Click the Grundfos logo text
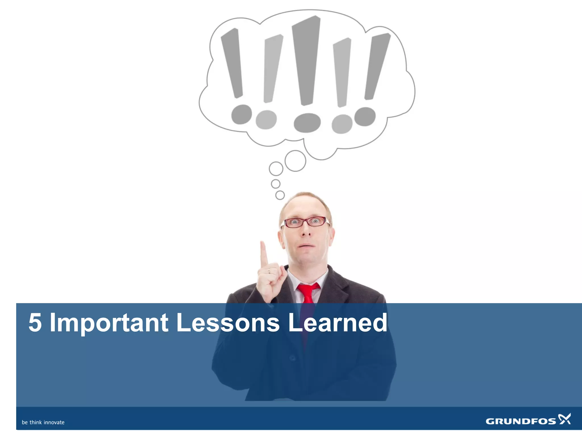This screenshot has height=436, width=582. point(521,421)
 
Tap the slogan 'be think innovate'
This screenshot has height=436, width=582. point(43,422)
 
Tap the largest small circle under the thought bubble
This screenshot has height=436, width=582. point(295,161)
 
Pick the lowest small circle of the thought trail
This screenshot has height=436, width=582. point(280,195)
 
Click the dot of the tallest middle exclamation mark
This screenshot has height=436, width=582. point(307,123)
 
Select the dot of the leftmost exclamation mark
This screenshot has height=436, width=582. point(242,114)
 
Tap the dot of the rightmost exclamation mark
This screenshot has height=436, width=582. point(365,116)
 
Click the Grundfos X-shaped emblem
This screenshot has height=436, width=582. point(564,419)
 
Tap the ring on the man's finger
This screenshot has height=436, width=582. point(269,272)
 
